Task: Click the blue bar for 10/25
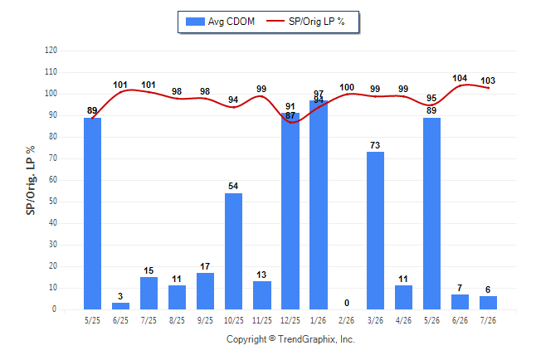[x=233, y=251]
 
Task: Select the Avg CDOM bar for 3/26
[x=375, y=231]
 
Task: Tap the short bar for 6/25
[x=120, y=306]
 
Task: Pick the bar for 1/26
[x=319, y=205]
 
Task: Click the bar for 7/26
[x=488, y=303]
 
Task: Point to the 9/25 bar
[x=206, y=291]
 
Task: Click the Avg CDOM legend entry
[x=220, y=22]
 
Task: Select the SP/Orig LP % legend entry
[x=305, y=22]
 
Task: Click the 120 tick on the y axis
[x=51, y=51]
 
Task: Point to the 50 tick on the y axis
[x=52, y=201]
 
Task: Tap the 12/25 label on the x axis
[x=290, y=320]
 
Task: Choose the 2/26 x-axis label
[x=347, y=320]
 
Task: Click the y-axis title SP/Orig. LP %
[x=31, y=180]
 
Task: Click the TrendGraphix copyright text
[x=290, y=339]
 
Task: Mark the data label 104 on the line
[x=460, y=78]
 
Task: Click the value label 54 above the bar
[x=233, y=186]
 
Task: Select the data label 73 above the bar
[x=375, y=145]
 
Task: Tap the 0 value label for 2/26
[x=347, y=303]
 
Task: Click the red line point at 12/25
[x=290, y=122]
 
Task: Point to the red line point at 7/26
[x=488, y=88]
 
